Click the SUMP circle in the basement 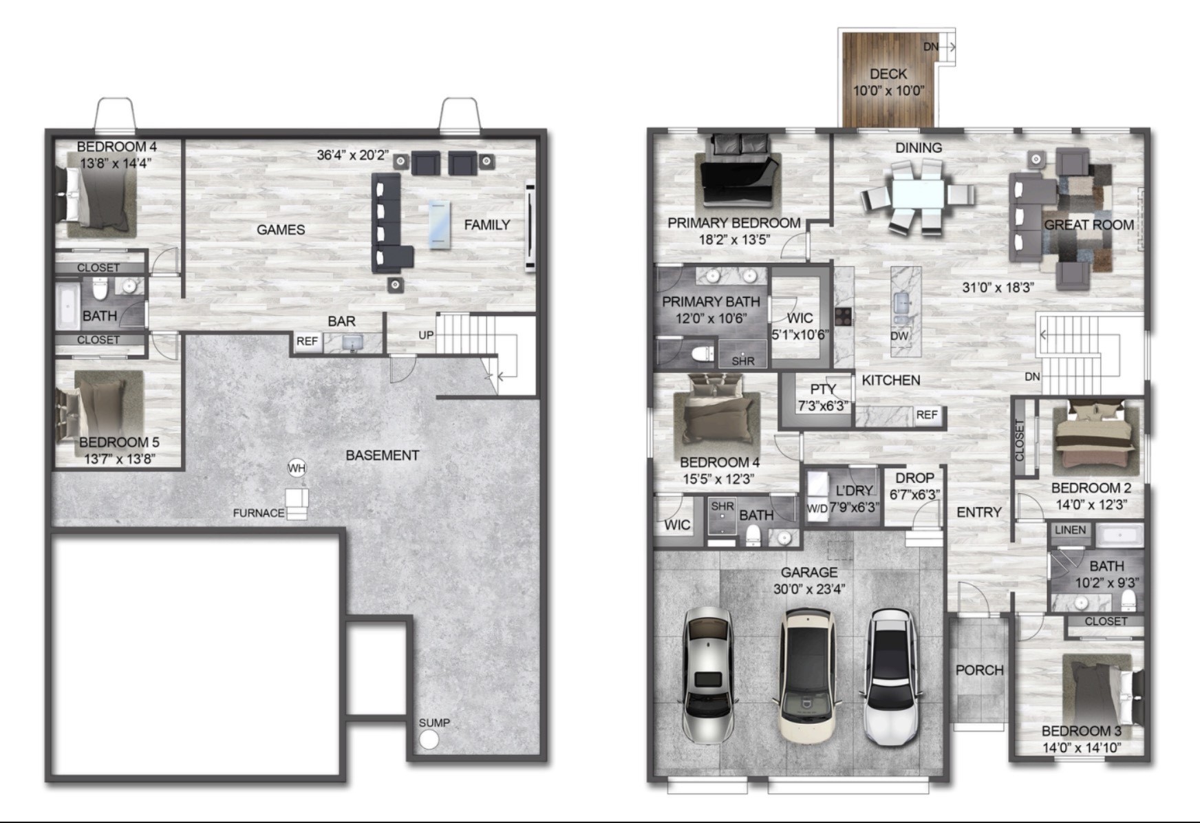coord(429,740)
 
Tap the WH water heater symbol coord(297,469)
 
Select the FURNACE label coord(259,513)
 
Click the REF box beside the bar coord(308,341)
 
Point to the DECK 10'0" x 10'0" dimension coord(888,90)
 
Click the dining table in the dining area coord(917,194)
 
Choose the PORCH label coord(979,670)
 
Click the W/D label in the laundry coord(817,509)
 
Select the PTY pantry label coord(823,389)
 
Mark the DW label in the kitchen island coord(899,336)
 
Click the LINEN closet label coord(1070,530)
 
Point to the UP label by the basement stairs coord(426,334)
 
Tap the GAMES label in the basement coord(281,229)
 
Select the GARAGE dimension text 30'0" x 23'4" coord(809,589)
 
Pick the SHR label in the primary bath coord(743,361)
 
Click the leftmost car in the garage coord(707,676)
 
